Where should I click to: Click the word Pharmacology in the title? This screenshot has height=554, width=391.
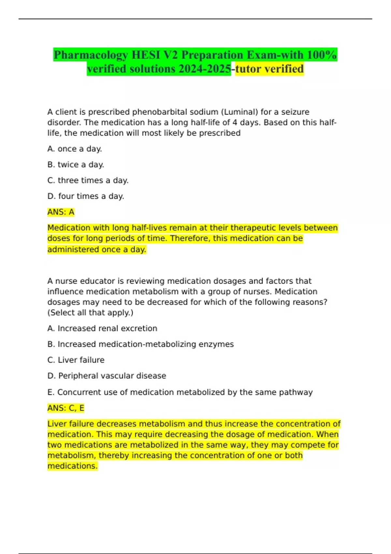pos(91,55)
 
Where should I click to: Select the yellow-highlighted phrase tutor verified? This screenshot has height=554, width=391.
pos(269,69)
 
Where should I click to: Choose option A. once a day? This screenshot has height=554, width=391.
pos(75,149)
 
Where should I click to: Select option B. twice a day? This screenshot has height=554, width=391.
pos(76,165)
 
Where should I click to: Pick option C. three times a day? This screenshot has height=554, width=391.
pos(88,181)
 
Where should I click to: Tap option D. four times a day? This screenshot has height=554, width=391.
pos(86,196)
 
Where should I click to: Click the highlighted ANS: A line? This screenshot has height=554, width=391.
pos(61,212)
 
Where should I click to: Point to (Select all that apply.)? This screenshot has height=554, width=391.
pos(90,313)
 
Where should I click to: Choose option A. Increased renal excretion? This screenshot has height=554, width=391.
pos(102,328)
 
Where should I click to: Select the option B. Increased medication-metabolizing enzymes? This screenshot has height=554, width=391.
pos(140,344)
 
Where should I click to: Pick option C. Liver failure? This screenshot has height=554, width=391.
pos(76,360)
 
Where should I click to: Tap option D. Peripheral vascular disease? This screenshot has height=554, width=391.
pos(107,376)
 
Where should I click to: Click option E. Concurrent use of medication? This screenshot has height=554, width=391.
pos(180,392)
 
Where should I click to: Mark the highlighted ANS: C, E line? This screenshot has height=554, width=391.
pos(66,408)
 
